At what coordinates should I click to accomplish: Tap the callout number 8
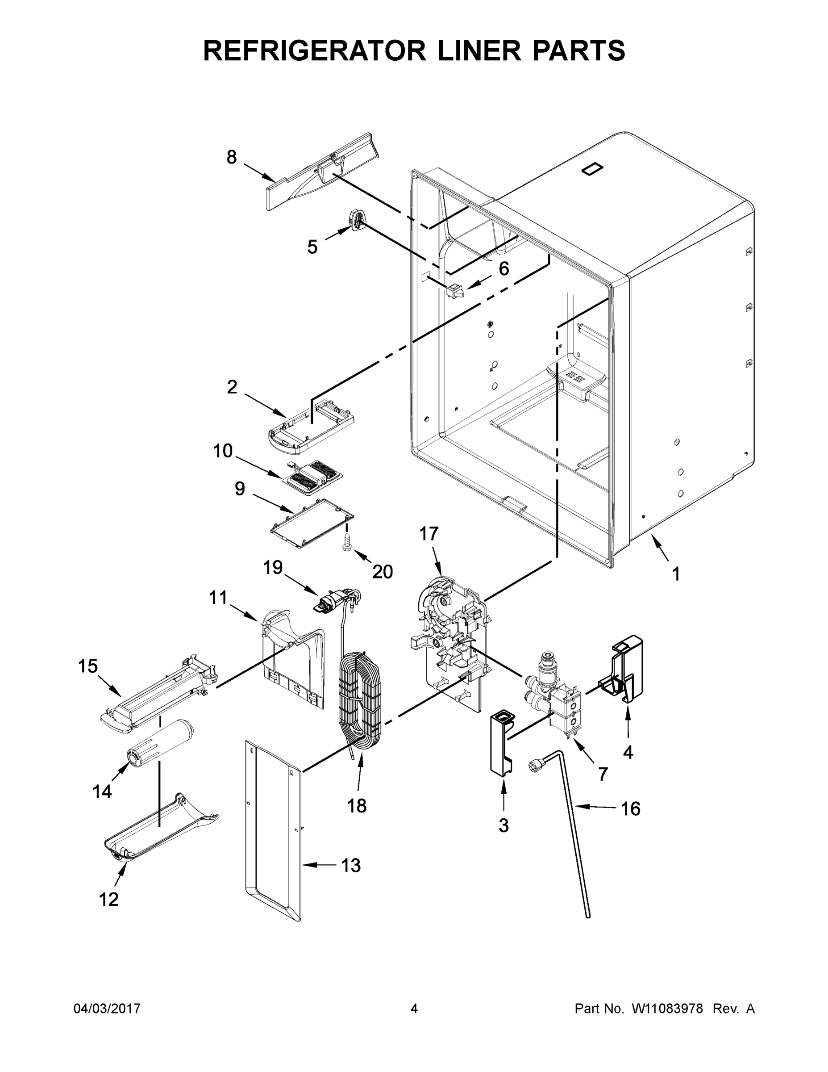coord(232,157)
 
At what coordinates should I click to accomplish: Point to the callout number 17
coord(428,534)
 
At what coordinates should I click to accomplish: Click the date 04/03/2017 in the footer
coord(107,1009)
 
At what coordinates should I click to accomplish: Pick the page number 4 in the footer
coord(414,1009)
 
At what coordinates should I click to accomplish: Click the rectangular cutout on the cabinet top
coord(591,169)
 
